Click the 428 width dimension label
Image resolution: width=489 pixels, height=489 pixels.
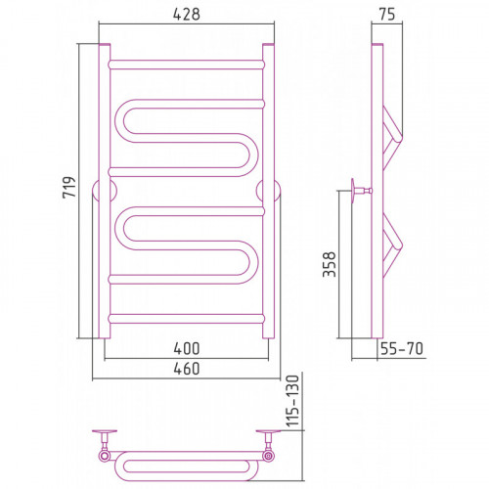coord(186,15)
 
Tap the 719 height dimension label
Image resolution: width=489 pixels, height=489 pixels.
coord(69,187)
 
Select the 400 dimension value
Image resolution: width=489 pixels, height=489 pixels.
coord(187,348)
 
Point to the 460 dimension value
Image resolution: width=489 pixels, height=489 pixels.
coord(187,369)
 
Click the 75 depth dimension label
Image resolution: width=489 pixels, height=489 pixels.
coord(387,15)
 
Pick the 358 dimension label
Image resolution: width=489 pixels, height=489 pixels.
coord(329,264)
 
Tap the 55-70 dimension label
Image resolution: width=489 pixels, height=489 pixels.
coord(402,348)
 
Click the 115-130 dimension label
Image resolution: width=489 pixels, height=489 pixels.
coord(292,401)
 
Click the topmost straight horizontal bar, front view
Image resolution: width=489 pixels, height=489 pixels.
coord(187,65)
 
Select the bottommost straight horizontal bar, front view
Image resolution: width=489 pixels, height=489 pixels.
coord(187,319)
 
